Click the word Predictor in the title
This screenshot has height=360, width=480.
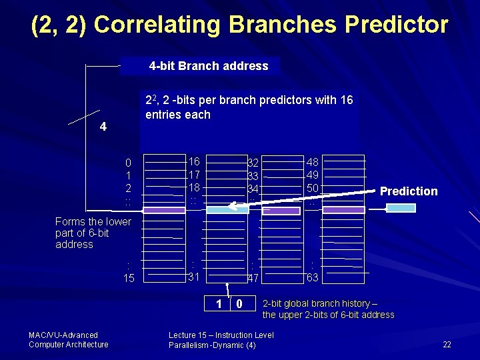pyautogui.click(x=396, y=25)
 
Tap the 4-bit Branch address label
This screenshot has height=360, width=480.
pyautogui.click(x=208, y=66)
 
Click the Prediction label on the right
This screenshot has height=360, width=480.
pyautogui.click(x=409, y=191)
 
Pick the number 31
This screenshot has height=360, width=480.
pyautogui.click(x=195, y=277)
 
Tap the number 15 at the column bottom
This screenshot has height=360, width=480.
pyautogui.click(x=129, y=278)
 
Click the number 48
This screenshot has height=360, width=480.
pyautogui.click(x=312, y=162)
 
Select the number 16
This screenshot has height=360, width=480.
pyautogui.click(x=194, y=162)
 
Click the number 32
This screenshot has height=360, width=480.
pyautogui.click(x=253, y=163)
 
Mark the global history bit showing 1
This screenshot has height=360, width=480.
pyautogui.click(x=218, y=305)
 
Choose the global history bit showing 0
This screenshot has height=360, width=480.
pyautogui.click(x=239, y=305)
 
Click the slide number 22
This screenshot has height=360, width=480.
pyautogui.click(x=447, y=345)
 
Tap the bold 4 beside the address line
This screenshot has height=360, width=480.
pyautogui.click(x=103, y=127)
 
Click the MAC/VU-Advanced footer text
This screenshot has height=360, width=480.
pyautogui.click(x=63, y=335)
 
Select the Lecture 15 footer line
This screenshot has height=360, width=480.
pyautogui.click(x=221, y=335)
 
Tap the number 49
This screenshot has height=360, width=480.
pyautogui.click(x=312, y=175)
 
